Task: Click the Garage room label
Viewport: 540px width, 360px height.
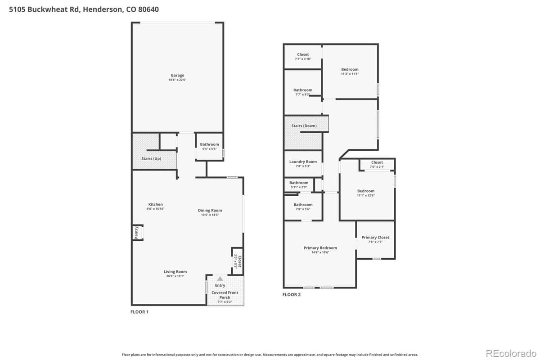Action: [x=177, y=76]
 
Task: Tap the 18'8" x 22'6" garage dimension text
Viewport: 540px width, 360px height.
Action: [x=177, y=80]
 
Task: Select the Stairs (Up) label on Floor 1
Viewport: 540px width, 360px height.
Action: [x=151, y=158]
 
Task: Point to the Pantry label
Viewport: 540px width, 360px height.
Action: [x=136, y=232]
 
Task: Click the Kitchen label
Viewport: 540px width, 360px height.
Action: [x=156, y=204]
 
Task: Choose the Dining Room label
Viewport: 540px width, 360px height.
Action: [x=210, y=210]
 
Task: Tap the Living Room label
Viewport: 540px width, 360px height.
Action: [x=175, y=271]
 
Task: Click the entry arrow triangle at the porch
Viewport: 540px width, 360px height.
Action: [x=220, y=279]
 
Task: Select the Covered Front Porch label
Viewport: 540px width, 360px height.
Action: [x=225, y=295]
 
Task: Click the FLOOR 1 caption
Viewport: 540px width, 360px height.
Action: [x=139, y=311]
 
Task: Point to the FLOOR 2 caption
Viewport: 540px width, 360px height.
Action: [x=291, y=295]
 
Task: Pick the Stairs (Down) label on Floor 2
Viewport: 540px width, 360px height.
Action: [x=304, y=126]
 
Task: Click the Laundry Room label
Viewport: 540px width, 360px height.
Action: [x=303, y=162]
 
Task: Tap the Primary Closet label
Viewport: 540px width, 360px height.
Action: [x=375, y=237]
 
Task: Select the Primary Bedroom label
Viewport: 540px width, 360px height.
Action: [x=320, y=248]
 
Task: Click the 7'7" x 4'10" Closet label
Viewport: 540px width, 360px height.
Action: [x=303, y=54]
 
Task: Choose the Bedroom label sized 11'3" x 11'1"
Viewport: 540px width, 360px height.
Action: [x=350, y=69]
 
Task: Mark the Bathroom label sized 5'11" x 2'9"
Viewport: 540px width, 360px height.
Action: [x=299, y=183]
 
